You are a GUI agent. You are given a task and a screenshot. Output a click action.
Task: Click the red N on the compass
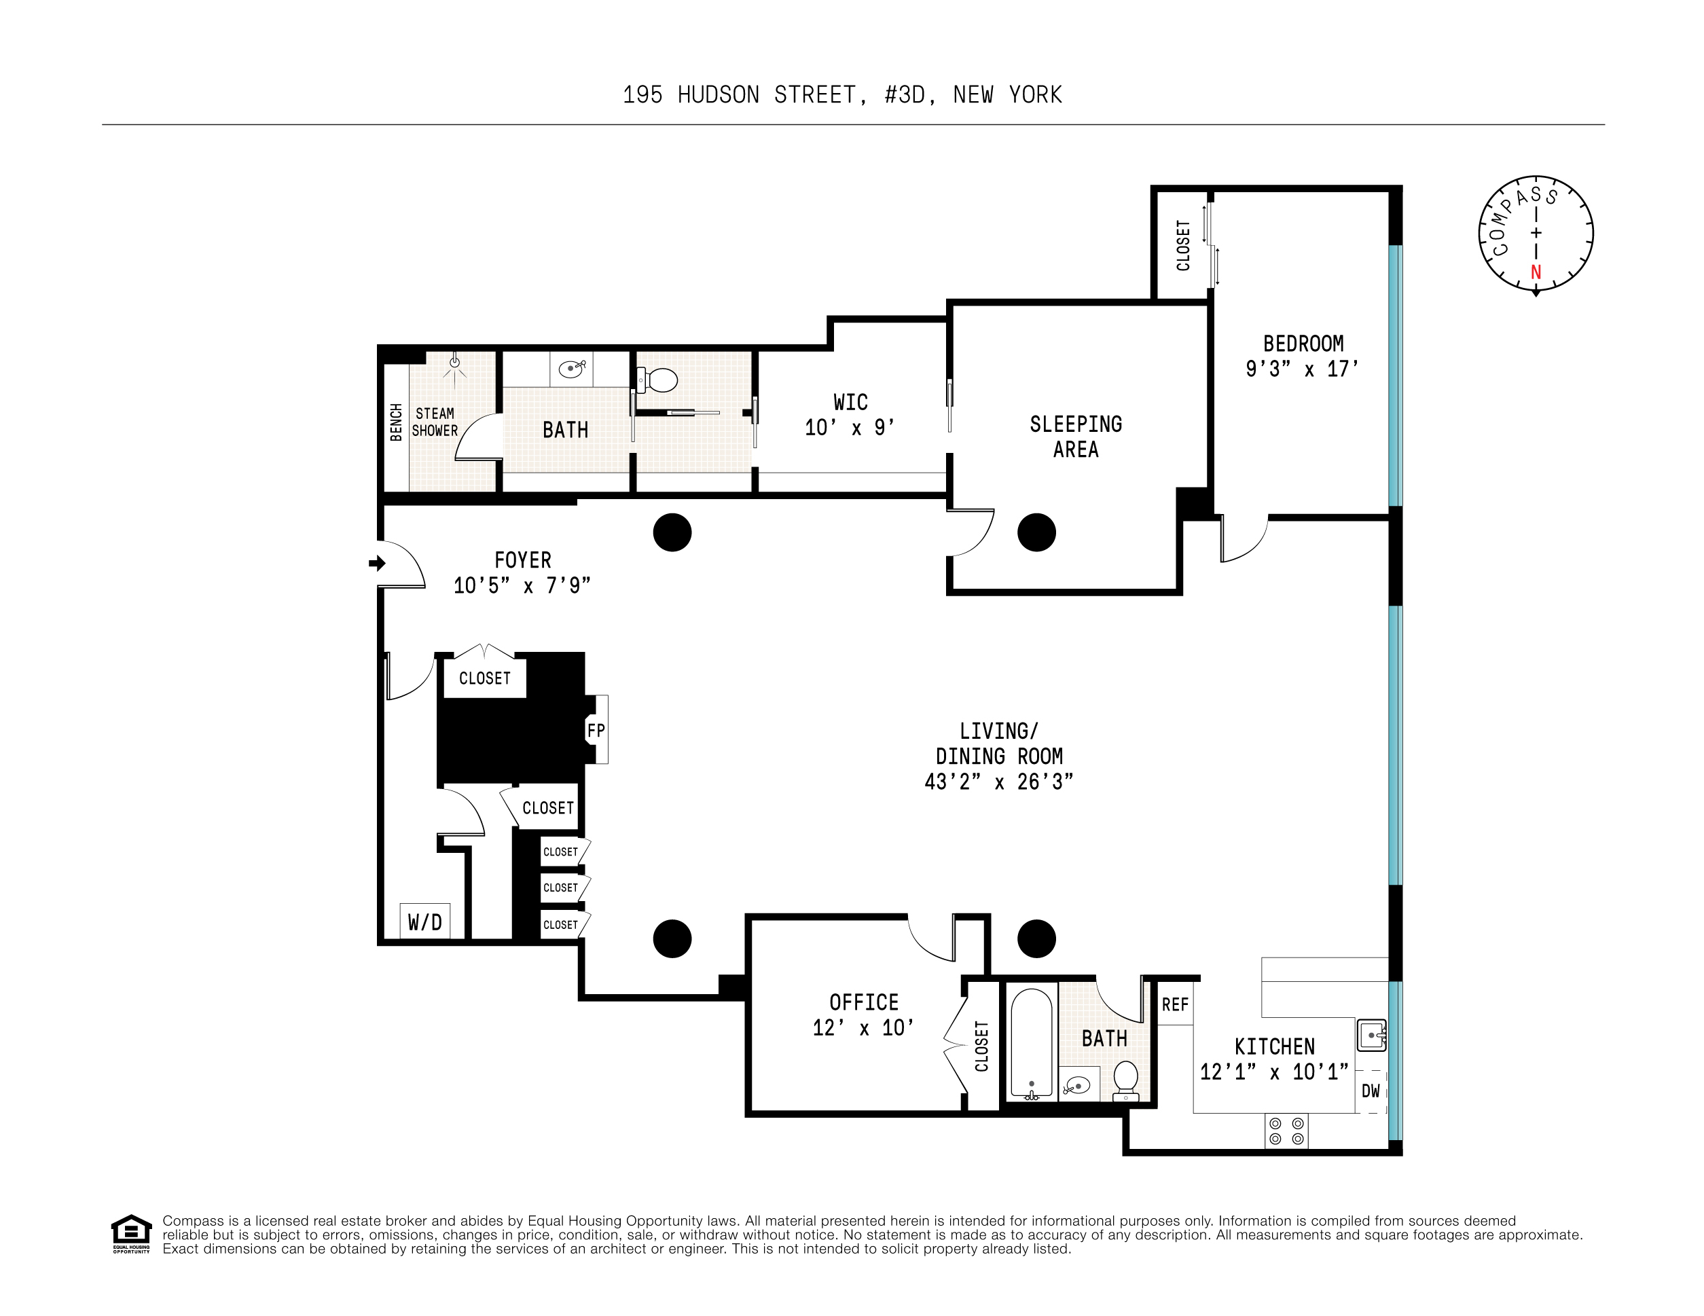pos(1536,272)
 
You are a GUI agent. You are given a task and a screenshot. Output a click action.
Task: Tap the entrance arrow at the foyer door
pos(378,562)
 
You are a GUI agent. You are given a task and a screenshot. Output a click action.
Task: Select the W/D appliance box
pos(425,922)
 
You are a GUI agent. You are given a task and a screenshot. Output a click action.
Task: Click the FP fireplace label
pos(596,731)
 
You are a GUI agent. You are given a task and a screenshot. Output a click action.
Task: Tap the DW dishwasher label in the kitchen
pos(1371,1091)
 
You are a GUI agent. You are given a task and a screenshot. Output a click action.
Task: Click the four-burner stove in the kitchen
pos(1286,1131)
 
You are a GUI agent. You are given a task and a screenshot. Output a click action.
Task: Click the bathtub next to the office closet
pos(1032,1043)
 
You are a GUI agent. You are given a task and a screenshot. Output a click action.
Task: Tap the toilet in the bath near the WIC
pos(659,381)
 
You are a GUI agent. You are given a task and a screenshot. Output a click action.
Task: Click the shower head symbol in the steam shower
pos(455,363)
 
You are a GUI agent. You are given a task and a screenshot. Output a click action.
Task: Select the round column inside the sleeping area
pos(1036,533)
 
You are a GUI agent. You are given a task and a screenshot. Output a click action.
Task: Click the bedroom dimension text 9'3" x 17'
pos(1302,369)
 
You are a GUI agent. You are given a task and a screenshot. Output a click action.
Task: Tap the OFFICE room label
pos(864,1002)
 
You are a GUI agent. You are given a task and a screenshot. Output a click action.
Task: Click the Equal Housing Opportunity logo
pos(131,1233)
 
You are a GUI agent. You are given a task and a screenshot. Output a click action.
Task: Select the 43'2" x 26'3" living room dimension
pos(998,782)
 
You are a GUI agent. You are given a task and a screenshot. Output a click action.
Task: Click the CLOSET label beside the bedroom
pos(1184,246)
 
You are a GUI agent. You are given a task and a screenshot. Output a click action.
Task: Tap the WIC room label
pos(850,403)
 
